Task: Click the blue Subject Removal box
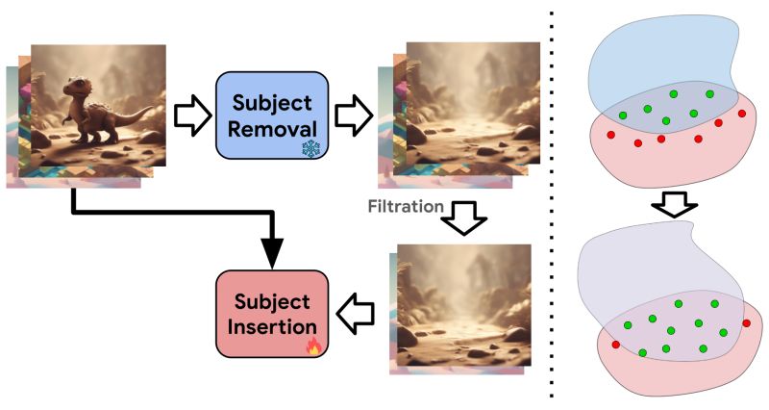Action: point(272,115)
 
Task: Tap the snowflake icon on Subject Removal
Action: point(311,148)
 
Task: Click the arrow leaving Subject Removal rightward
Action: point(352,115)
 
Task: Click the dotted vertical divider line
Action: point(552,202)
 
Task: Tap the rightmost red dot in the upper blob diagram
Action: point(741,115)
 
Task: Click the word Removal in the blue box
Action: point(272,129)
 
